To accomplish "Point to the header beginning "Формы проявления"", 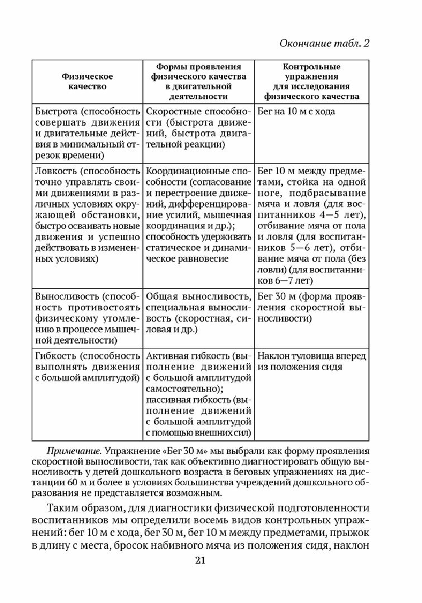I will pos(198,81).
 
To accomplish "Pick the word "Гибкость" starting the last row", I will pos(52,356).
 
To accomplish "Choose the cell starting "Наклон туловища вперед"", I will pos(311,361).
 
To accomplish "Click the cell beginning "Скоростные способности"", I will pos(198,128).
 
